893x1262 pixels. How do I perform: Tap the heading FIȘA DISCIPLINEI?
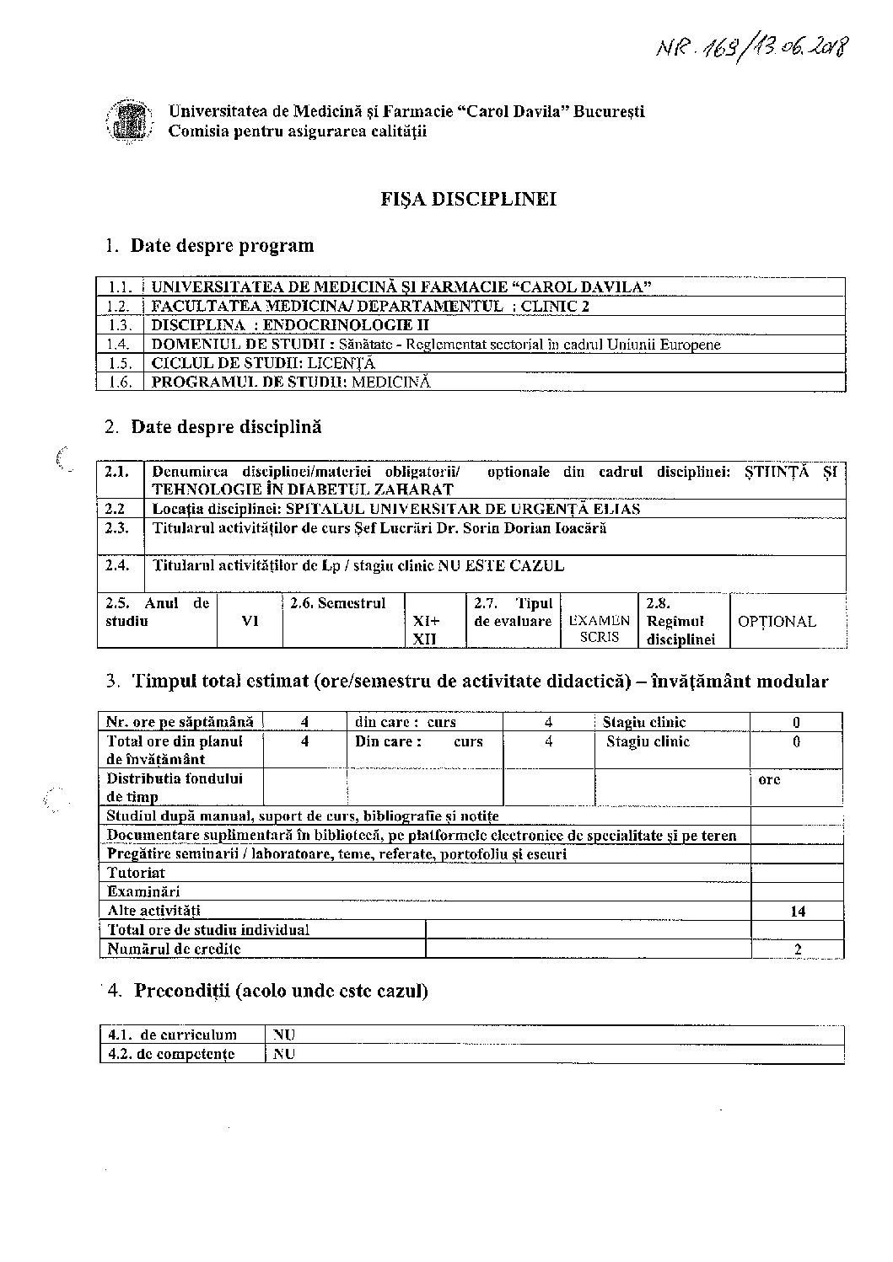pyautogui.click(x=469, y=200)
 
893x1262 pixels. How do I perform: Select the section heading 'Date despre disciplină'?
pyautogui.click(x=226, y=427)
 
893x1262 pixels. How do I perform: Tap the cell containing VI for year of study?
pyautogui.click(x=250, y=621)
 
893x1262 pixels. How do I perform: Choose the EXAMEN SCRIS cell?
pyautogui.click(x=600, y=628)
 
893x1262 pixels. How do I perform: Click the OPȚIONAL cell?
pyautogui.click(x=777, y=622)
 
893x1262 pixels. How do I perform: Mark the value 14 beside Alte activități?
pyautogui.click(x=797, y=912)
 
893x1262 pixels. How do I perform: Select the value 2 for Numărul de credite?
pyautogui.click(x=797, y=949)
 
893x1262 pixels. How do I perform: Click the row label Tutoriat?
pyautogui.click(x=136, y=873)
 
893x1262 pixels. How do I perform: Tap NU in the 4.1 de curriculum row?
pyautogui.click(x=284, y=1035)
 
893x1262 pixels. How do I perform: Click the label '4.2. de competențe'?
pyautogui.click(x=172, y=1055)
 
